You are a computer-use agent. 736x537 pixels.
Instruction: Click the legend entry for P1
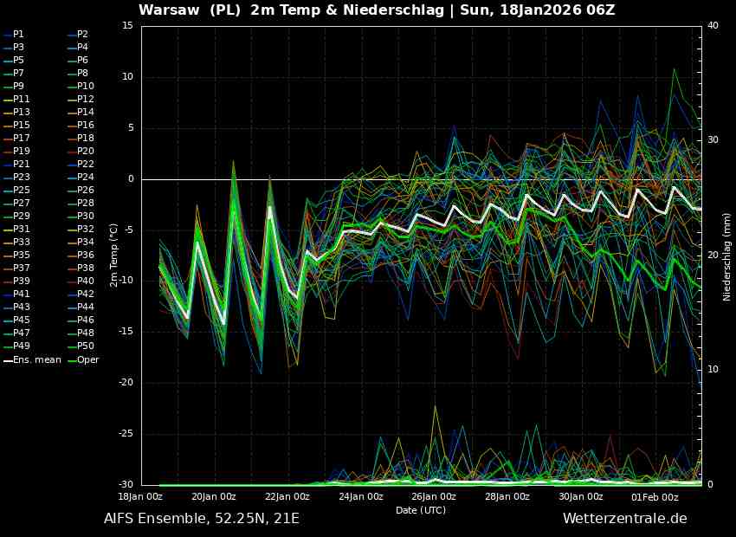click(x=18, y=34)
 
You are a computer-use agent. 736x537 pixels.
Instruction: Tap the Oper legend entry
click(x=87, y=359)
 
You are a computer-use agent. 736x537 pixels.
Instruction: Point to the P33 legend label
click(x=22, y=242)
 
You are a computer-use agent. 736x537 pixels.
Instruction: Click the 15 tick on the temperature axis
click(x=127, y=26)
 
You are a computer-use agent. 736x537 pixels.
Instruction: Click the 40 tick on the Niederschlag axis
click(x=713, y=26)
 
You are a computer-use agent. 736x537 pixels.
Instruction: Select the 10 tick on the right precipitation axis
click(x=713, y=370)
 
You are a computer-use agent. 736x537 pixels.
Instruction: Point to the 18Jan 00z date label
click(x=139, y=497)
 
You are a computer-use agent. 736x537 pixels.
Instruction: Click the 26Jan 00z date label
click(x=433, y=497)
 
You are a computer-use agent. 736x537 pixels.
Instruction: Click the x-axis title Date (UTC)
click(x=420, y=510)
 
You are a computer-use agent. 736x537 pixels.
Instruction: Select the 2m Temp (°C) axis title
click(x=113, y=256)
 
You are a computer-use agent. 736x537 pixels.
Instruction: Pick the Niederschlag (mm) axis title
click(x=727, y=256)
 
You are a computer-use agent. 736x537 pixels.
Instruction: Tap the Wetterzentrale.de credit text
click(x=624, y=519)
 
